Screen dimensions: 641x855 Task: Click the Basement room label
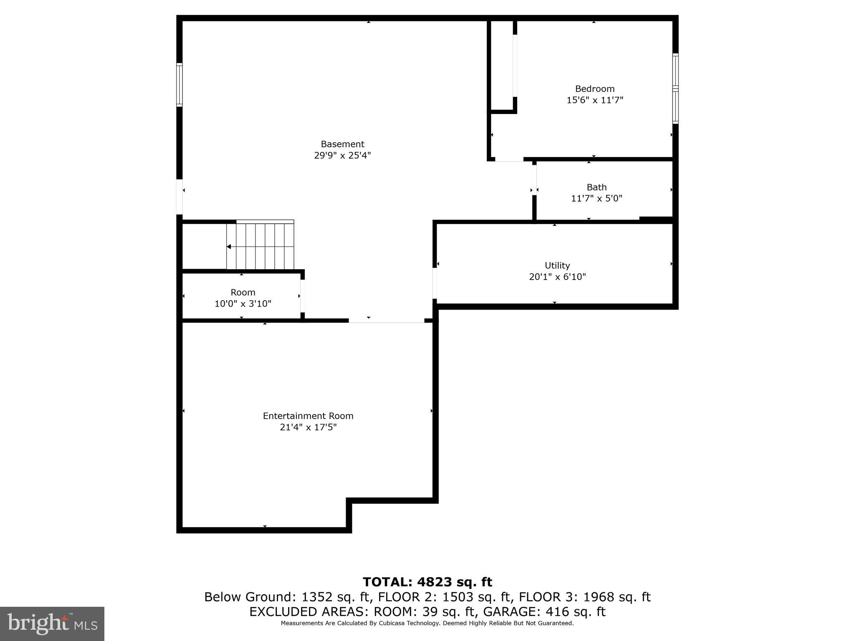342,144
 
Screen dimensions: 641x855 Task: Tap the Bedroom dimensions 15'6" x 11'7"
594,100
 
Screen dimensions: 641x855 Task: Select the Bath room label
596,187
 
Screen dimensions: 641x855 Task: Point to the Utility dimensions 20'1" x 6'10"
557,277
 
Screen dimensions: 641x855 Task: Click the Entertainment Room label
308,416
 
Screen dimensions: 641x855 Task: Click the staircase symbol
261,246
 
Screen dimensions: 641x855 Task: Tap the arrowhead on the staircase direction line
229,247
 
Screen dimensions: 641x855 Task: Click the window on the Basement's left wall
180,85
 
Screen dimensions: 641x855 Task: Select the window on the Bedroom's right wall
675,88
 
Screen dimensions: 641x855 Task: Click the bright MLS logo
52,623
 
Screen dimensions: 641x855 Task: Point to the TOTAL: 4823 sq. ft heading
427,582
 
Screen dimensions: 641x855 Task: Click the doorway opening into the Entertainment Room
386,321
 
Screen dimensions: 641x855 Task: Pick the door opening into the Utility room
435,283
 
